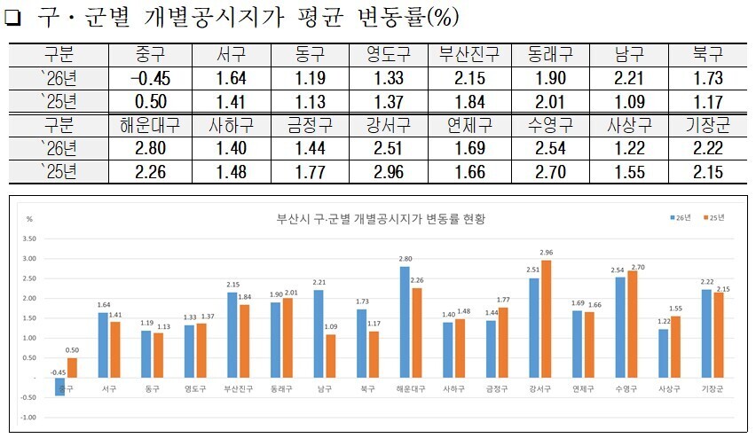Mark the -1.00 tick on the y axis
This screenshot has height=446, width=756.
click(x=30, y=417)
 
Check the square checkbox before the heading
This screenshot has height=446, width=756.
click(x=13, y=19)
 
